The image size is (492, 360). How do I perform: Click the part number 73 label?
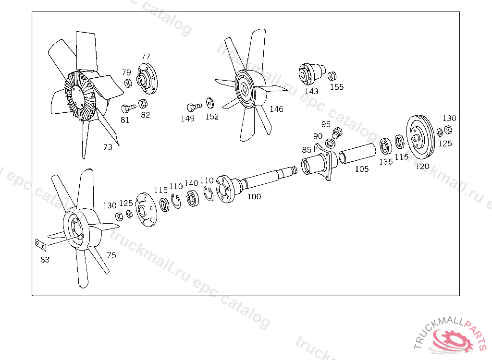(108, 147)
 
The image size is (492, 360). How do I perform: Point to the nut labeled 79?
(128, 84)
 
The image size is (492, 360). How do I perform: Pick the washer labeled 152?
(210, 103)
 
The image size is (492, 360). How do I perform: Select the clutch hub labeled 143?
(310, 73)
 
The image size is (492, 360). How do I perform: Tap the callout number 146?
(276, 109)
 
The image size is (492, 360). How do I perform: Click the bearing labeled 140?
(193, 199)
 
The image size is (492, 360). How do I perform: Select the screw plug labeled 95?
(337, 132)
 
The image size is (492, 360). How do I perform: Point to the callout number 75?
(111, 255)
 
